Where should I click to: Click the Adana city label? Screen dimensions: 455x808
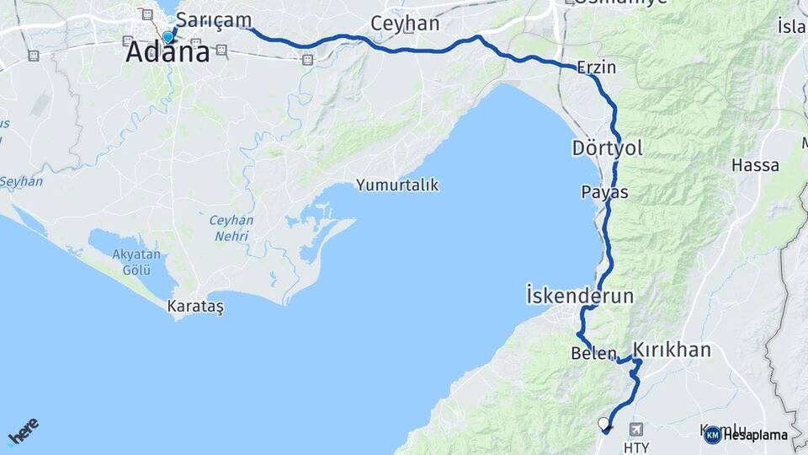tap(167, 53)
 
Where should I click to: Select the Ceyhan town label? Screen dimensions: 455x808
tap(405, 24)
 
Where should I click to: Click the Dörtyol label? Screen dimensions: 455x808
tap(607, 148)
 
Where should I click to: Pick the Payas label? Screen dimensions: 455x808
tap(604, 192)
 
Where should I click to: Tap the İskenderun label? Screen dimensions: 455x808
tap(579, 296)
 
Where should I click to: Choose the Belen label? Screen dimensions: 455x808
tap(594, 353)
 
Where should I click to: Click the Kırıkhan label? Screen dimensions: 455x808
tap(672, 350)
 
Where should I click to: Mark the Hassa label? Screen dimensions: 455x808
tap(755, 165)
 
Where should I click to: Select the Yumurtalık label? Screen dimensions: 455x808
tap(397, 185)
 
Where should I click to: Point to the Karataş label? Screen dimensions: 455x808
tap(195, 307)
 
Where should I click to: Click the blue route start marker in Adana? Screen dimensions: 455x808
tap(168, 37)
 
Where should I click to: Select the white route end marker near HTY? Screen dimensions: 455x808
tap(603, 423)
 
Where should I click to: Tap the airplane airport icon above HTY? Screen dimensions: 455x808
tap(634, 428)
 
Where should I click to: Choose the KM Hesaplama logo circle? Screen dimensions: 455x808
tap(712, 435)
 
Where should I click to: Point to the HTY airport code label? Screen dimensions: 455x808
tap(636, 447)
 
